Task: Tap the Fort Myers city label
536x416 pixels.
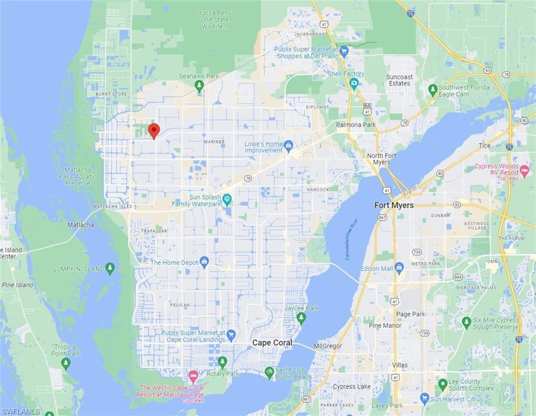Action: coord(394,205)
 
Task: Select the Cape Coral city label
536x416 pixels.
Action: coord(272,343)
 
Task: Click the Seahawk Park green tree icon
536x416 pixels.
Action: coord(199,86)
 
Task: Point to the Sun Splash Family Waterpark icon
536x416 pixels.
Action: coord(227,199)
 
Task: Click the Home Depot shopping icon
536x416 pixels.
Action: coord(204,262)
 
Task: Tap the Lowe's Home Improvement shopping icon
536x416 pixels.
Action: coord(288,145)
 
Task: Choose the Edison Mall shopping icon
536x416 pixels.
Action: coord(399,268)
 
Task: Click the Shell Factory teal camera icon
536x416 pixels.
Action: coord(354,83)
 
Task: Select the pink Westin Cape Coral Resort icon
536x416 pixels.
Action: coord(193,375)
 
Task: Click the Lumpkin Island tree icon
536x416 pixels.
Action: coord(110,268)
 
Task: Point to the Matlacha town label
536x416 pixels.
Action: coord(81,225)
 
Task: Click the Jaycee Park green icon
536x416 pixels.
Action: coord(301,317)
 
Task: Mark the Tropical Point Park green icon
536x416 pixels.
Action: coord(66,363)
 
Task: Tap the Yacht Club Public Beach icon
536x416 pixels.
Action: coord(269,373)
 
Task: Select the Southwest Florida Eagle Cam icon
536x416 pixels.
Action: coord(432,90)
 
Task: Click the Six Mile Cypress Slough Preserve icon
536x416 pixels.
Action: coord(466,323)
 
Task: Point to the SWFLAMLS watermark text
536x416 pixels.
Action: coord(21,412)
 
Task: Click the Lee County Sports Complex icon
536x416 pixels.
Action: coord(443,385)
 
